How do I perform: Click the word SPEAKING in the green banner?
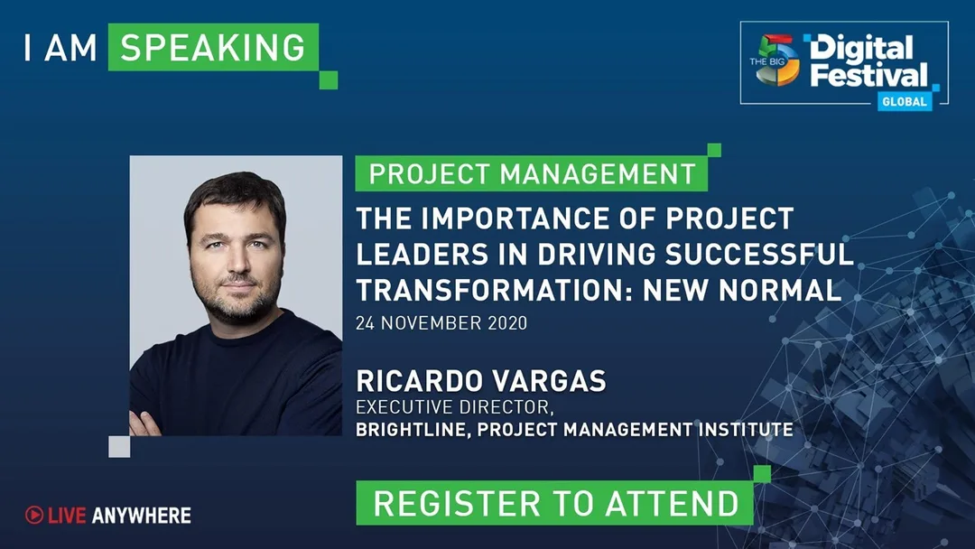tap(213, 48)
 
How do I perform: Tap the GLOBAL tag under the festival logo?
tap(905, 101)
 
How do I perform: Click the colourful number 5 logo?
tap(777, 60)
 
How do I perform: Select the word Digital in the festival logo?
tap(861, 49)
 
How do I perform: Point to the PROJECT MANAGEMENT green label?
tap(532, 173)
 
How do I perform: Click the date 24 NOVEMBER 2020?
tap(441, 323)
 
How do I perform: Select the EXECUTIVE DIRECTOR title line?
tap(454, 407)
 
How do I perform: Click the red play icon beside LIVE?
tap(34, 515)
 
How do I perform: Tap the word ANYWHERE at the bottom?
tap(142, 516)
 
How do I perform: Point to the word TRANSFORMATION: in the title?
tap(495, 291)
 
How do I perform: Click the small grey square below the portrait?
tap(119, 446)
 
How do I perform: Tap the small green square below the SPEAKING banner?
tap(329, 80)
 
